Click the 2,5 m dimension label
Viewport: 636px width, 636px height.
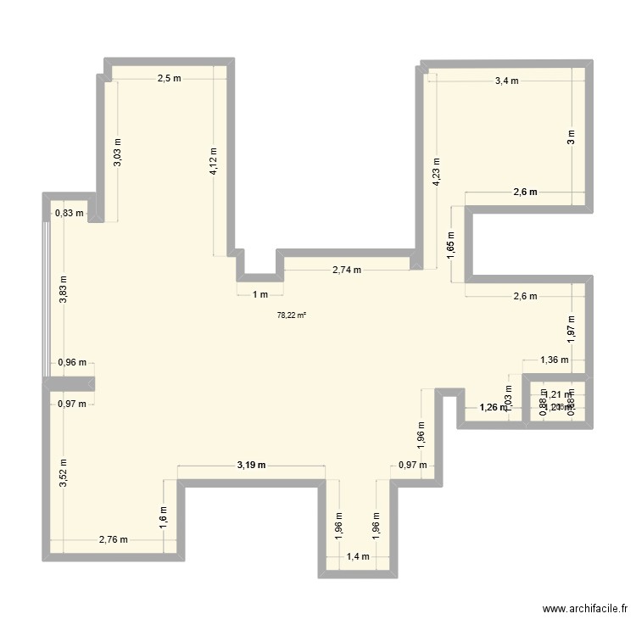click(169, 79)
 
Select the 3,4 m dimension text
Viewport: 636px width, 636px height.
click(506, 81)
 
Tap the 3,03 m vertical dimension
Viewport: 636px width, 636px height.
click(118, 152)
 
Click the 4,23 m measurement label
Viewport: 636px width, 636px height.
click(437, 172)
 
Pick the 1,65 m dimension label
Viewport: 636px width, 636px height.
click(451, 245)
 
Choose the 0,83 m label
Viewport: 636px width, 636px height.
click(70, 214)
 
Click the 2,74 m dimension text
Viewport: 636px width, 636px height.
click(346, 271)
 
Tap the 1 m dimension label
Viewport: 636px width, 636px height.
click(259, 294)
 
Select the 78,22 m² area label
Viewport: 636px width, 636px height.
click(292, 315)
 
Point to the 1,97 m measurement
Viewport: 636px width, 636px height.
click(572, 326)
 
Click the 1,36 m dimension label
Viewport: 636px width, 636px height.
click(555, 360)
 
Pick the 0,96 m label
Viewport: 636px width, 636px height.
click(71, 364)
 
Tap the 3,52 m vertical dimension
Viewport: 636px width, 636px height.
click(63, 473)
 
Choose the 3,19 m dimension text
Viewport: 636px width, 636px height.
click(251, 465)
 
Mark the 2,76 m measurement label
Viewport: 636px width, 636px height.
click(113, 538)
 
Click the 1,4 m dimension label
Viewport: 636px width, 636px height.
click(357, 556)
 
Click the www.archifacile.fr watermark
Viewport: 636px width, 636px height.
click(585, 609)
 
